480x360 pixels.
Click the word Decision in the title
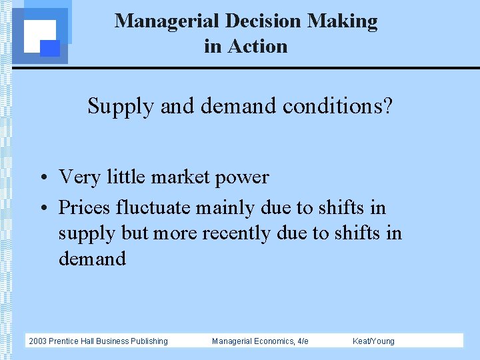[x=263, y=21]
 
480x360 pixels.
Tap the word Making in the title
[x=342, y=21]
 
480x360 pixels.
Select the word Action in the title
[x=257, y=47]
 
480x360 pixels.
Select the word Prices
[x=85, y=208]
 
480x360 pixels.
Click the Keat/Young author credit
[x=373, y=341]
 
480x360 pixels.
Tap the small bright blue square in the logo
[x=50, y=48]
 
